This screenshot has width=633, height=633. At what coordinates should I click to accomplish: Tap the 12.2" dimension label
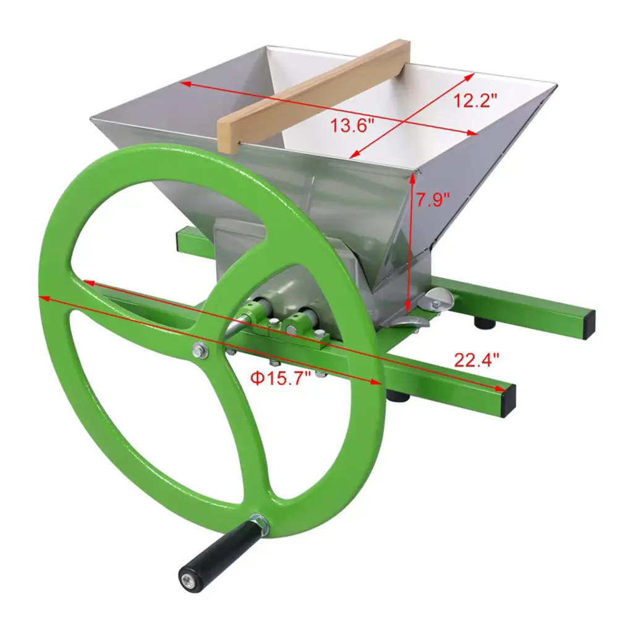pyautogui.click(x=475, y=100)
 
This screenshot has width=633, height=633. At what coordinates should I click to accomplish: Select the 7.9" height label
pyautogui.click(x=433, y=200)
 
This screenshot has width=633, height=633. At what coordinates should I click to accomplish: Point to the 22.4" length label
pyautogui.click(x=477, y=360)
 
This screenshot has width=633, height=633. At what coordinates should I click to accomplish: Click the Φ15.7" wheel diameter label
pyautogui.click(x=281, y=378)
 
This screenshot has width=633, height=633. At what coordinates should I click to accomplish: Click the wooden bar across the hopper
pyautogui.click(x=313, y=96)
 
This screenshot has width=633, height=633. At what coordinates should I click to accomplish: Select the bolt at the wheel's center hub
pyautogui.click(x=200, y=350)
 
